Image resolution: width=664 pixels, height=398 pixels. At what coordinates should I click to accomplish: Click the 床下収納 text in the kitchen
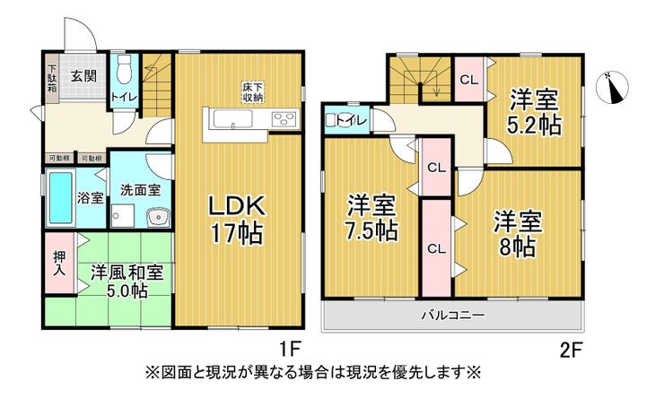point(252,91)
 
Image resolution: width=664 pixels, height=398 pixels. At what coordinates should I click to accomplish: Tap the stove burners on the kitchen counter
point(284,119)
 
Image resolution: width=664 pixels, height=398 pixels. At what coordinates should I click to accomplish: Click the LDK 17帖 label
point(236,220)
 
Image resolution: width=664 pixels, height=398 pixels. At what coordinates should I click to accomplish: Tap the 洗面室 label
point(141,189)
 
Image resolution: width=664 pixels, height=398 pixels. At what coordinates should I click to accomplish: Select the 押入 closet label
point(56,261)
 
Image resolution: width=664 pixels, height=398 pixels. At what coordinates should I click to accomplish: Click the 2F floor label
point(571,346)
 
